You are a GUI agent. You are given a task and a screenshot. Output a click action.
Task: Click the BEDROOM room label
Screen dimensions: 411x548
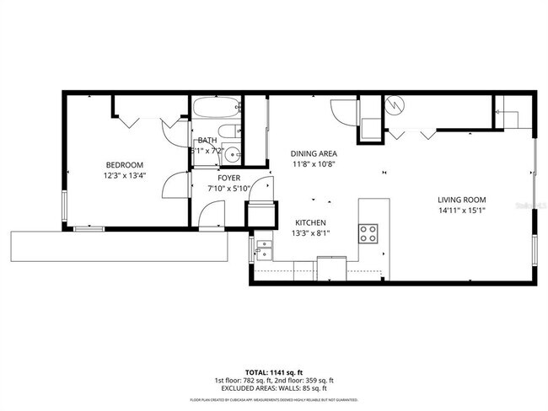point(124,164)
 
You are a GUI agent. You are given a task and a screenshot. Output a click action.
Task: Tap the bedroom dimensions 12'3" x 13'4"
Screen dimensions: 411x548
point(124,176)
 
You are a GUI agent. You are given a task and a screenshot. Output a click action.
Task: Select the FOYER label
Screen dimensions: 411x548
point(229,178)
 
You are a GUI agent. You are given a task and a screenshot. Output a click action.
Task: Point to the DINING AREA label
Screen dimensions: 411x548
point(314,153)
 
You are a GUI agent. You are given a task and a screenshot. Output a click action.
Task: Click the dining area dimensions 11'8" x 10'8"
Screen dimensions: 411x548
point(314,164)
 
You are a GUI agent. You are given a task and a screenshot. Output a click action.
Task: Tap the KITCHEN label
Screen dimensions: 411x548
point(310,222)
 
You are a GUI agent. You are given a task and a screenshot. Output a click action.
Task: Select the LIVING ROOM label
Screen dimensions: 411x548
point(462,200)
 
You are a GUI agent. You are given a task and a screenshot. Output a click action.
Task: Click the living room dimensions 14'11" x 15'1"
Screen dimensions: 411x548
point(462,211)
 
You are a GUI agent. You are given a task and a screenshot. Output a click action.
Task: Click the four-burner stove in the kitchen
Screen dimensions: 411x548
point(369,232)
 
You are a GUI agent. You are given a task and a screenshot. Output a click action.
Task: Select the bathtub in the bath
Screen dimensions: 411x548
point(217,109)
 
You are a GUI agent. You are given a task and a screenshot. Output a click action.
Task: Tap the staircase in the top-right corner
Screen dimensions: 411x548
point(511,110)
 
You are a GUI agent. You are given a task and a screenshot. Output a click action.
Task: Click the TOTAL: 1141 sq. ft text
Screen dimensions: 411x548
point(274,371)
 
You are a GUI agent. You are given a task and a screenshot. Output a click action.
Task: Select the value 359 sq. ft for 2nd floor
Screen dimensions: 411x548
point(318,380)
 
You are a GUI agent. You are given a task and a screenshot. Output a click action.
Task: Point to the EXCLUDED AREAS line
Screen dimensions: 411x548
point(274,388)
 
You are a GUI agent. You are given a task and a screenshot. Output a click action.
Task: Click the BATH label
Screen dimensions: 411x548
point(207,141)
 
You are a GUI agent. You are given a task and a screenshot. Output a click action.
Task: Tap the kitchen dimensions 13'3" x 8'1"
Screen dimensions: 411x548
point(310,232)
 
